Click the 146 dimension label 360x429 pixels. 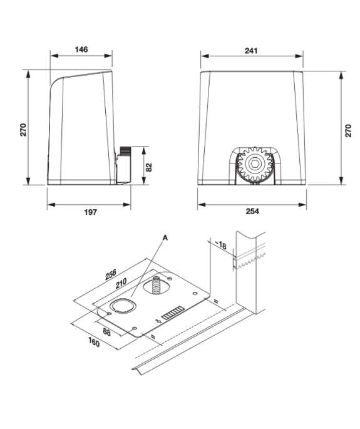[81, 49]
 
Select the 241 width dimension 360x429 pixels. [251, 51]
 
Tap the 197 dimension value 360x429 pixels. [90, 212]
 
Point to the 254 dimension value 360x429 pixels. [252, 211]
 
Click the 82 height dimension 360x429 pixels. [148, 167]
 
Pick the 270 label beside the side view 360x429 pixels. [23, 130]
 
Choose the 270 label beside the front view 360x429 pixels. [348, 130]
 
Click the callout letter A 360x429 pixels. [165, 238]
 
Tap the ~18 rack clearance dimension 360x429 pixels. [220, 245]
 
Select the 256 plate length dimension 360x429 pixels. [111, 274]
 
